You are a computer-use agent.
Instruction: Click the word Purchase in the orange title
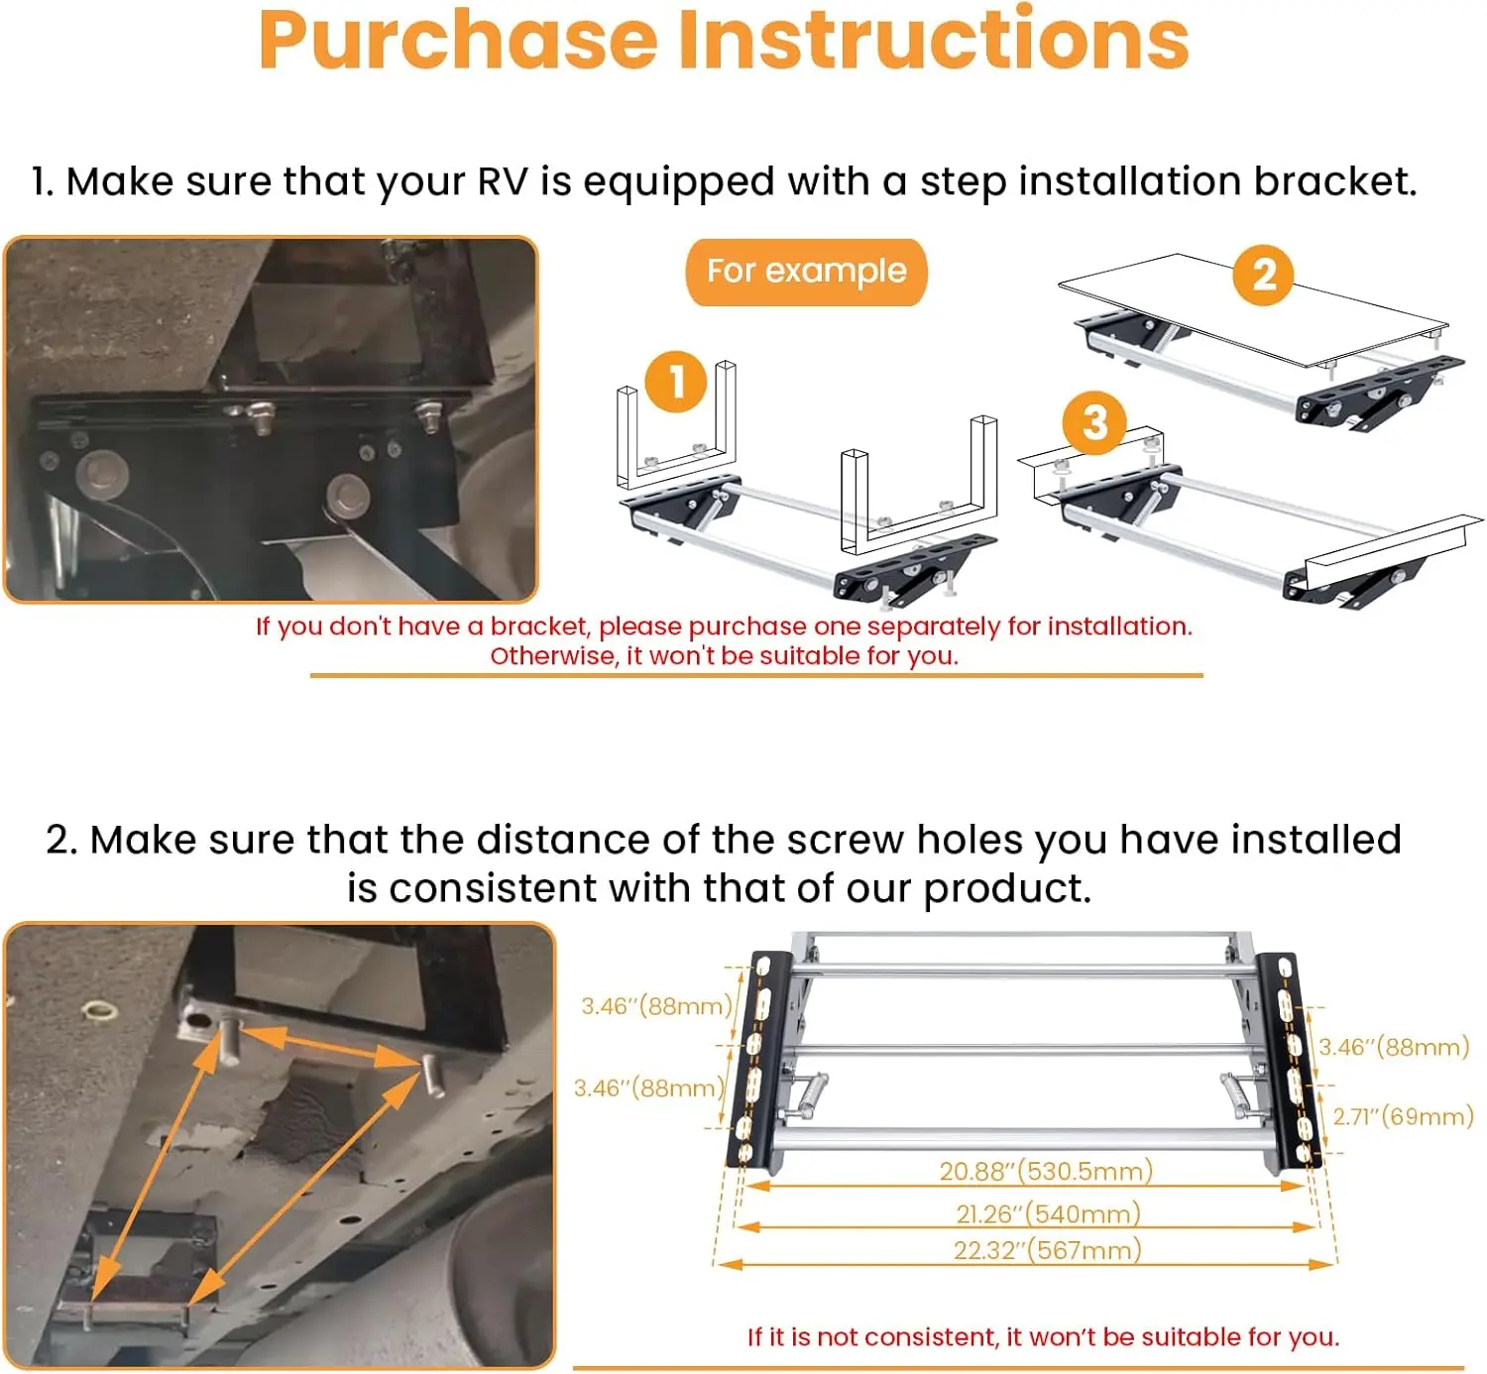pyautogui.click(x=457, y=42)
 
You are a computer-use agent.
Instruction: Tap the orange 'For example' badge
pyautogui.click(x=806, y=272)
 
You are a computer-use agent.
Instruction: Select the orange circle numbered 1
pyautogui.click(x=676, y=382)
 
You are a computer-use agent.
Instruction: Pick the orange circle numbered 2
pyautogui.click(x=1263, y=275)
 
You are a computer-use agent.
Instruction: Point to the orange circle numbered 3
pyautogui.click(x=1094, y=423)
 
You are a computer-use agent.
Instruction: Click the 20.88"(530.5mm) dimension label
pyautogui.click(x=1046, y=1171)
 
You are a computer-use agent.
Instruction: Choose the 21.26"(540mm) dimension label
pyautogui.click(x=1048, y=1213)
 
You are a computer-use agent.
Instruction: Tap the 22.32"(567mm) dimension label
pyautogui.click(x=1047, y=1250)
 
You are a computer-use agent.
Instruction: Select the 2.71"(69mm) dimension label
pyautogui.click(x=1403, y=1116)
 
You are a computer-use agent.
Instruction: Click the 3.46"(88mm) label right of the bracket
pyautogui.click(x=1394, y=1047)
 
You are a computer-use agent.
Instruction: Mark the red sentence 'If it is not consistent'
pyautogui.click(x=1043, y=1336)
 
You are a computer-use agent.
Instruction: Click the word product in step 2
pyautogui.click(x=1006, y=889)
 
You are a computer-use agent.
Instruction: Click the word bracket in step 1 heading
pyautogui.click(x=1335, y=181)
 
